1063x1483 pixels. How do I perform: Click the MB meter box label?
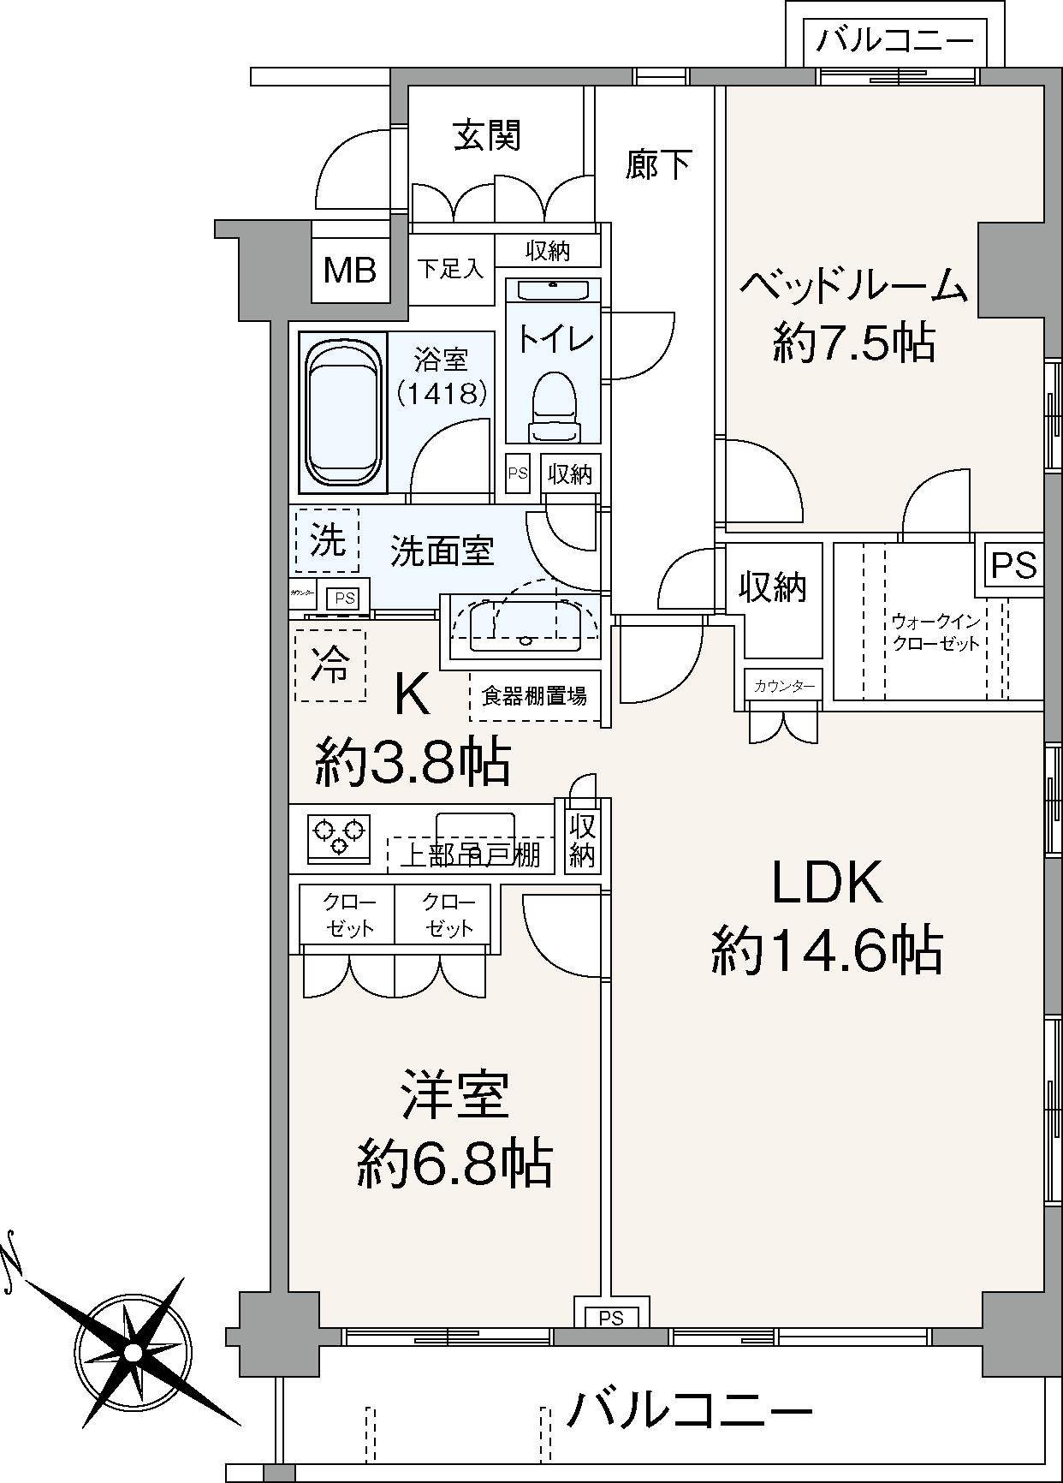coord(350,271)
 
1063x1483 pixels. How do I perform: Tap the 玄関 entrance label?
coord(487,135)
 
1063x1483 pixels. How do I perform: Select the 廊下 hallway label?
coord(658,164)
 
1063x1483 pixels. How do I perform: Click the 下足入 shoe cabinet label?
coord(450,269)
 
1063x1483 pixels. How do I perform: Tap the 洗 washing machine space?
coord(327,540)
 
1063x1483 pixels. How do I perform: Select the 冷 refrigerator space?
coord(330,665)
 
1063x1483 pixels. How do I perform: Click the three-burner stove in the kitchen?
coord(339,837)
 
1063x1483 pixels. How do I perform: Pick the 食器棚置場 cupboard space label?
coord(534,696)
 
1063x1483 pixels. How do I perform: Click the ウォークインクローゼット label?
coord(935,632)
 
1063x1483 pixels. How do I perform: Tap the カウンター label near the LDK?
coord(783,686)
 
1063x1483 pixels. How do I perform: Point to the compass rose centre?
coord(132,1352)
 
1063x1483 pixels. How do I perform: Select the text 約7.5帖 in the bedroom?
coord(852,342)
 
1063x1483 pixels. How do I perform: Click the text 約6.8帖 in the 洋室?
coord(454,1162)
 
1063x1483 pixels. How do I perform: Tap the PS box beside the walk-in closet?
coord(1013,565)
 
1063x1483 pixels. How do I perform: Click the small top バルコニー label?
coord(894,40)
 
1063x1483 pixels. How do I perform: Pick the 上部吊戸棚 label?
coord(470,855)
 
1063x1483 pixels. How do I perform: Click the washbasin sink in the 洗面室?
coord(521,622)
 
